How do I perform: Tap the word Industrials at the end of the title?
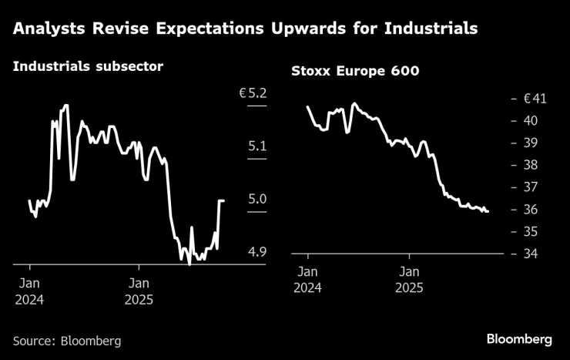coord(434,29)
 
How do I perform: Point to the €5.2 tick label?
coord(253,93)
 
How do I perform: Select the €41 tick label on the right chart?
coord(535,99)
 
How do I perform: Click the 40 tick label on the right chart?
coord(531,121)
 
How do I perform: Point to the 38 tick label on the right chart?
coord(531,166)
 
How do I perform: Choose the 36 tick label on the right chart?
coord(531,210)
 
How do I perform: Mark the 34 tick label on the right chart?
coord(531,255)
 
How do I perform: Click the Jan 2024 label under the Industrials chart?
coord(29,291)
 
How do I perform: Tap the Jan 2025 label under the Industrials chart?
coord(139,291)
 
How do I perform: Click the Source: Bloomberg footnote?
coord(67,340)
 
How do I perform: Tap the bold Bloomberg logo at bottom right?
coord(519,339)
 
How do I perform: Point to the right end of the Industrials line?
coord(223,200)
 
